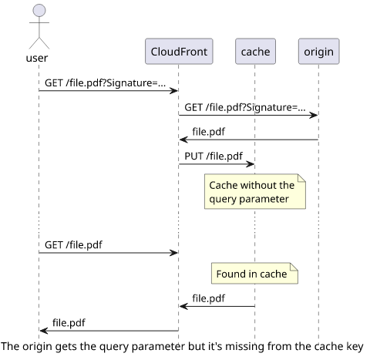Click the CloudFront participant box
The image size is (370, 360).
coord(179,52)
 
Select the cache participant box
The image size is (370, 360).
coord(255,52)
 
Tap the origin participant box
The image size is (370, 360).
coord(319,52)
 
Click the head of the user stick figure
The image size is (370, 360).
coord(39,11)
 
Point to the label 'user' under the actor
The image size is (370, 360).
coord(37,58)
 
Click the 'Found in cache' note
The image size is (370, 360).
coord(254,274)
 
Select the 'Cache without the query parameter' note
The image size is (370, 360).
coord(255,191)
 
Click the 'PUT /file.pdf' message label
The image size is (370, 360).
coord(214,156)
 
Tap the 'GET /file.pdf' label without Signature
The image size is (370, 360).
coord(73,244)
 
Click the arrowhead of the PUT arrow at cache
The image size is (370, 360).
coord(251,164)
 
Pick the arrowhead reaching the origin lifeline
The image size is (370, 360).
coord(314,115)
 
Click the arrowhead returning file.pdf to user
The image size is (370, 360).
coord(44,331)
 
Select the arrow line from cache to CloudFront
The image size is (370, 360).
coord(217,306)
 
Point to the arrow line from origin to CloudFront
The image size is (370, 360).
coord(249,140)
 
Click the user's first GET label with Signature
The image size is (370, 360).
coord(105,83)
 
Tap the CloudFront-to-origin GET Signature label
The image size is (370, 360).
coord(245,107)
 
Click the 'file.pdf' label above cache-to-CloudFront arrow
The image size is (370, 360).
coord(209,298)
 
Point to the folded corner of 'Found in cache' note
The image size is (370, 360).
coord(294,267)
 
